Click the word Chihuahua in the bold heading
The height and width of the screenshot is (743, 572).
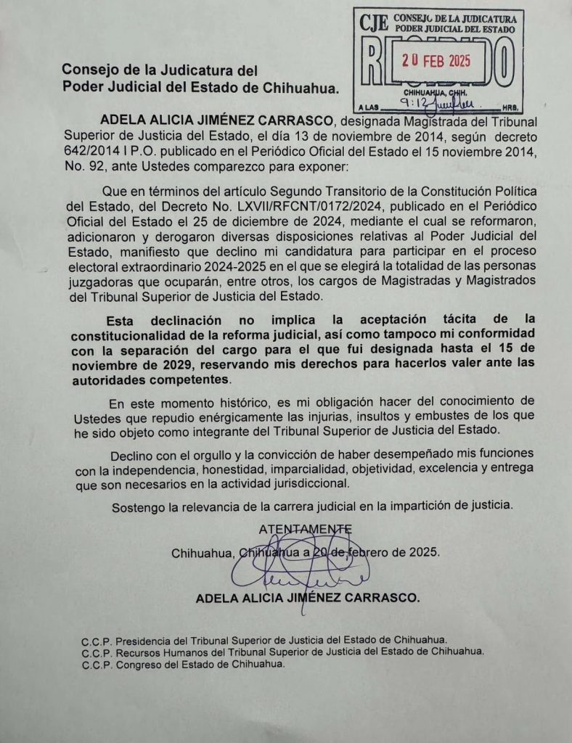(x=300, y=88)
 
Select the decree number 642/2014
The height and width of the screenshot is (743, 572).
(x=88, y=149)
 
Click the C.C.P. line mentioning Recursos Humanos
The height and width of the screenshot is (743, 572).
(x=283, y=652)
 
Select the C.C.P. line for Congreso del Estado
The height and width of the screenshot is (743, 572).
(x=184, y=664)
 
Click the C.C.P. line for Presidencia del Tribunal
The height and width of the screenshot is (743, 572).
(x=264, y=639)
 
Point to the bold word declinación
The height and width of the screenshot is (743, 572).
(x=179, y=319)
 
